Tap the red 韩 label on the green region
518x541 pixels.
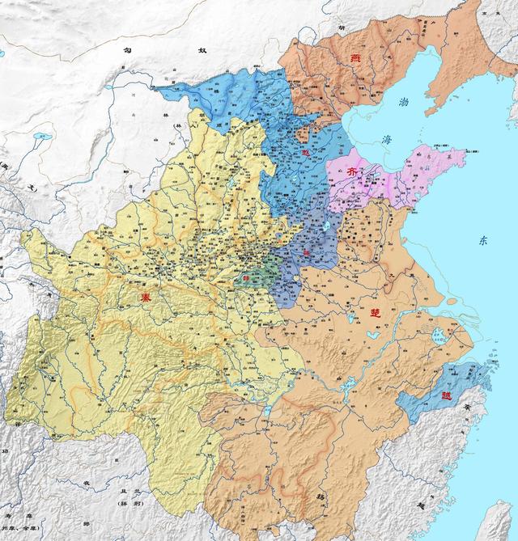247,281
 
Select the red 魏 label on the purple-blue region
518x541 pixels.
307,254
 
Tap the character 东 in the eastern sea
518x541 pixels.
483,240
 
